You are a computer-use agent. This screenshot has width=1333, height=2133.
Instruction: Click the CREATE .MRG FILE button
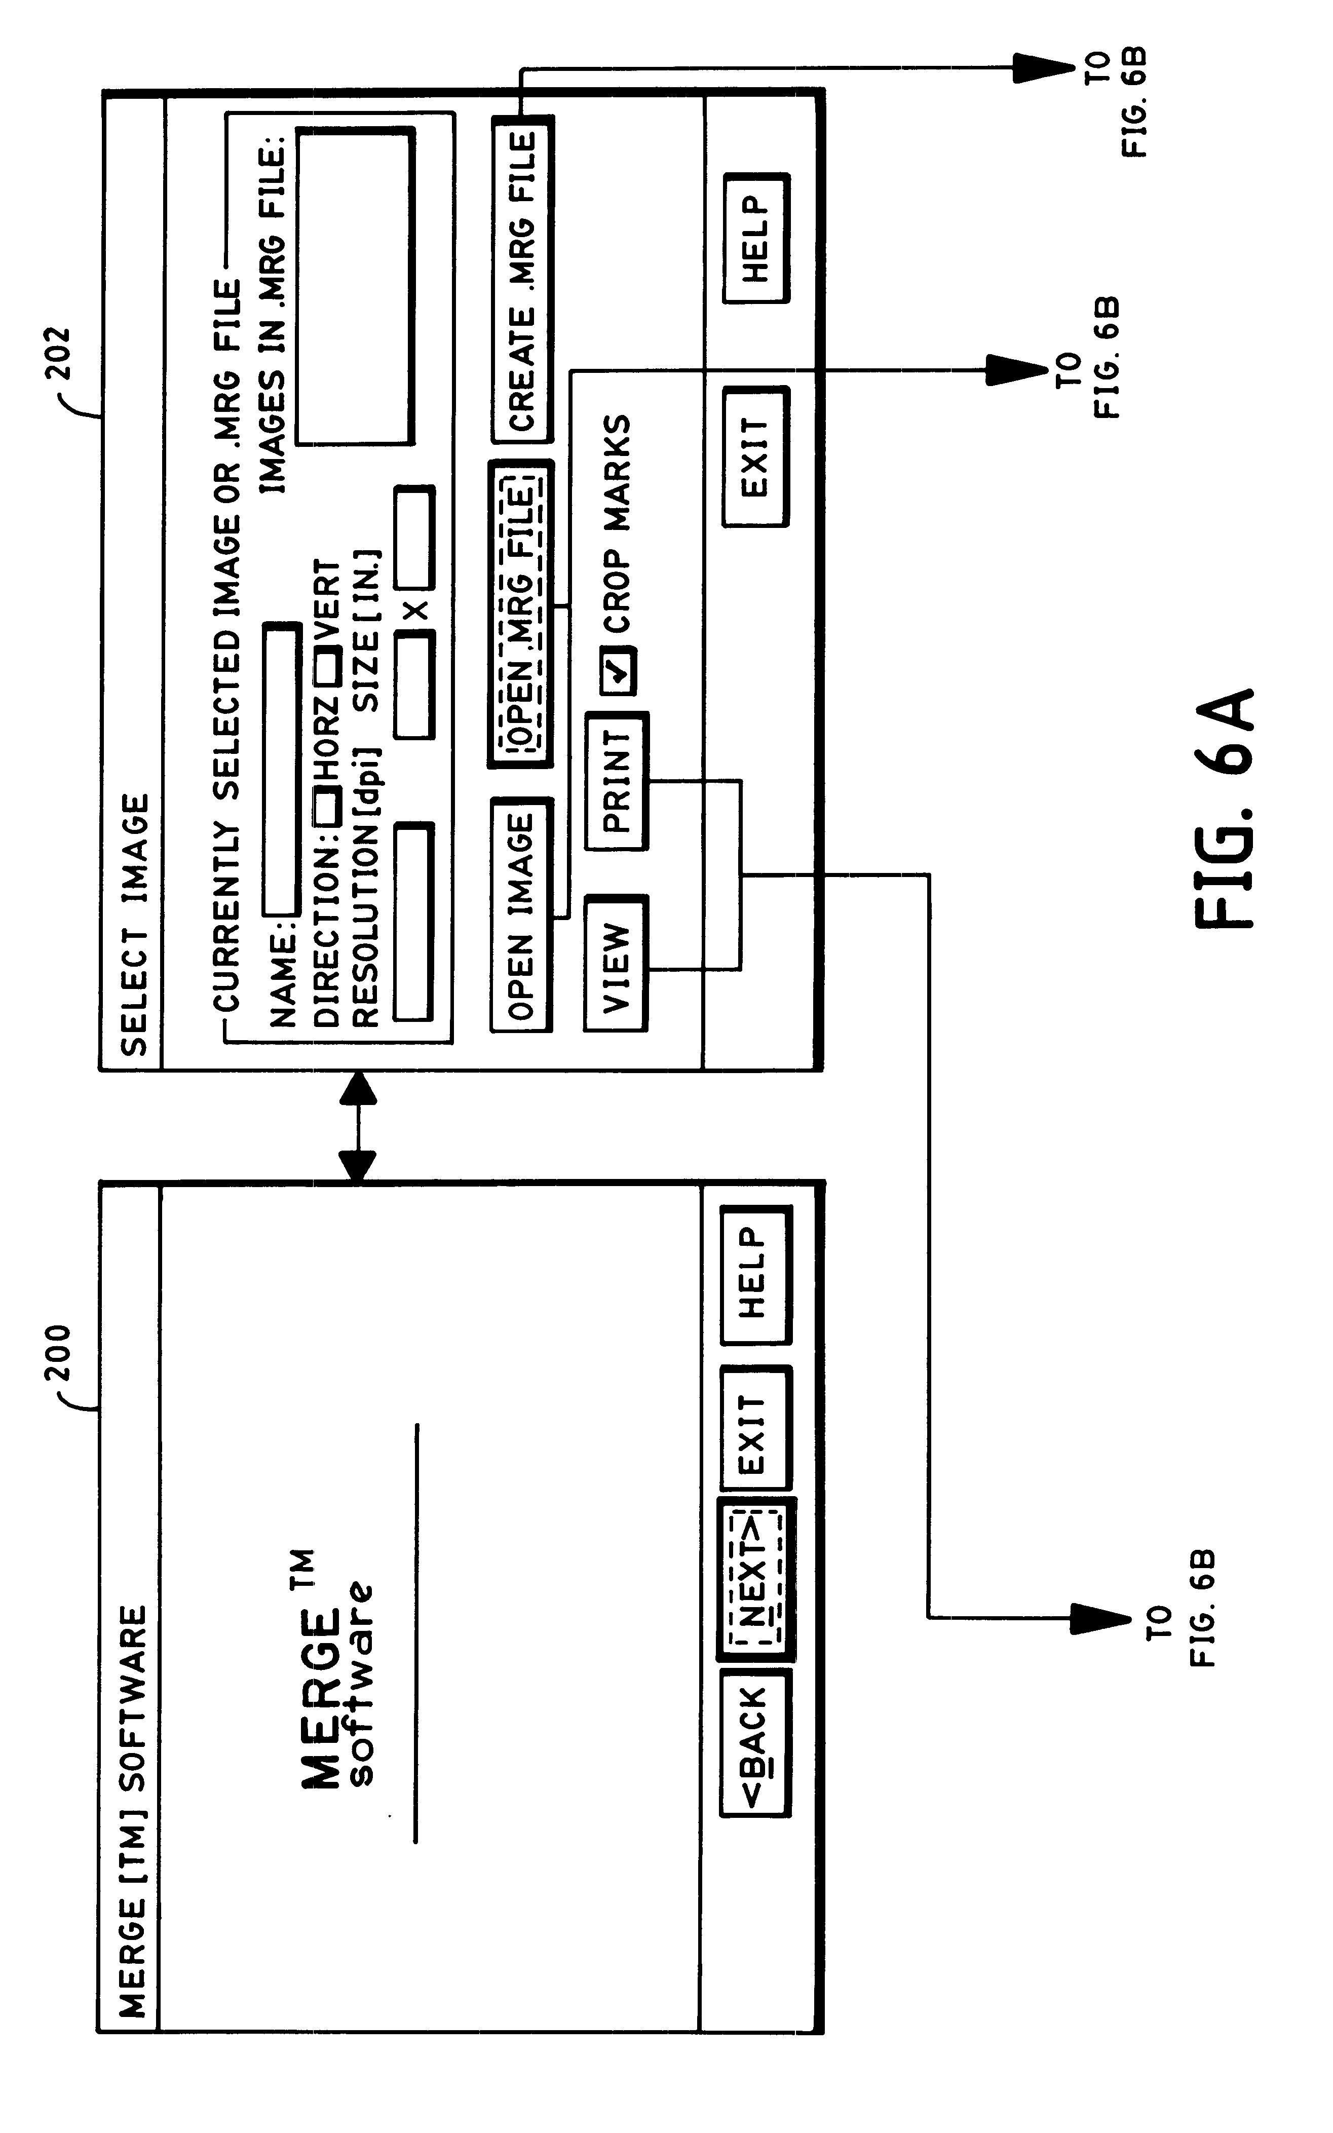click(x=521, y=280)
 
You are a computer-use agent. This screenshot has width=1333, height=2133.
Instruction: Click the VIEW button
click(x=616, y=963)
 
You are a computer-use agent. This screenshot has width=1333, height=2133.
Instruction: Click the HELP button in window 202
click(x=755, y=238)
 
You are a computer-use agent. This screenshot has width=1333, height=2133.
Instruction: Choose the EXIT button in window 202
click(x=755, y=456)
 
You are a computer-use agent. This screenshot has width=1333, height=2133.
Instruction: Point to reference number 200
click(x=58, y=1353)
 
